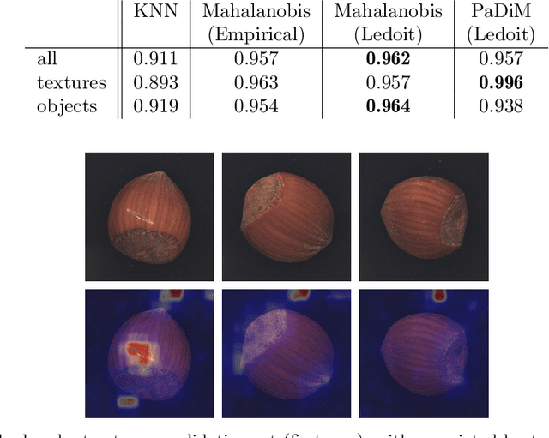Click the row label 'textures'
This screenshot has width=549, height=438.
(x=71, y=83)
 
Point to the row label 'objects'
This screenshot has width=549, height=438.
(x=67, y=108)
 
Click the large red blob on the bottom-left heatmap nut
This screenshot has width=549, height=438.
(x=137, y=352)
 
